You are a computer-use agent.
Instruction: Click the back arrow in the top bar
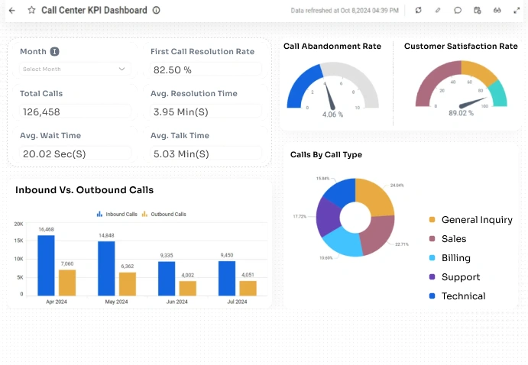[11, 11]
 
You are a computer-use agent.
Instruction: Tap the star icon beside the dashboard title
[31, 11]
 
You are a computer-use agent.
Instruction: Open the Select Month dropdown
[75, 69]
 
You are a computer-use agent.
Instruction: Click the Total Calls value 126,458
[41, 111]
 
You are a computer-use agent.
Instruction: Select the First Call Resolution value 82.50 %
[173, 69]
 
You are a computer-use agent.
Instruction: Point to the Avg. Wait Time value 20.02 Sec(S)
[53, 153]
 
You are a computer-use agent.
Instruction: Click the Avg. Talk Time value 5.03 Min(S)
[181, 153]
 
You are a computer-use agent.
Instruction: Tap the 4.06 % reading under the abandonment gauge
[332, 115]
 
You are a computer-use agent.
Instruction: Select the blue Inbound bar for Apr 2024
[46, 265]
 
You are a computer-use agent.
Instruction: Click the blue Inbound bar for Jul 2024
[227, 278]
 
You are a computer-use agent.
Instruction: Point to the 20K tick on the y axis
[18, 224]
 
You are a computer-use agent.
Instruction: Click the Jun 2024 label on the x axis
[177, 302]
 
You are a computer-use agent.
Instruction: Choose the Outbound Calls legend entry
[164, 215]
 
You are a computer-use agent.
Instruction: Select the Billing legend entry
[455, 258]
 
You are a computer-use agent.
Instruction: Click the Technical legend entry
[463, 296]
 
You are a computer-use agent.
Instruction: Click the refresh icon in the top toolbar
[418, 11]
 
